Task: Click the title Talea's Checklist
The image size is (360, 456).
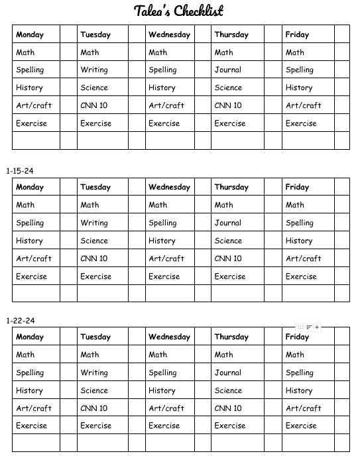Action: [179, 11]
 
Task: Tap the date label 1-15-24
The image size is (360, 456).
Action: [20, 171]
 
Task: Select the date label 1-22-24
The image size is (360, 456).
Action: [20, 321]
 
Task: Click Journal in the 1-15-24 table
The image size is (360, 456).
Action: [227, 223]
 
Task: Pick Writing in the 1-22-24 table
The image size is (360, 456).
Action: [94, 372]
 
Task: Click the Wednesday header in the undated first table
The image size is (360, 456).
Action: [169, 34]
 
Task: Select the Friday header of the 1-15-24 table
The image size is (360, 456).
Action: [297, 187]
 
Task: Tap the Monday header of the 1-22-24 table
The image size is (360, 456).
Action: [30, 337]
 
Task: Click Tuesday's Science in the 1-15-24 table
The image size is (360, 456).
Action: [94, 241]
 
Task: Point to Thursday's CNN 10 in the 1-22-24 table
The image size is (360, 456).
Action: [228, 408]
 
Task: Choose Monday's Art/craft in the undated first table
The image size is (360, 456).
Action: [34, 105]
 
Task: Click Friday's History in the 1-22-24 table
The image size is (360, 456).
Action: [299, 390]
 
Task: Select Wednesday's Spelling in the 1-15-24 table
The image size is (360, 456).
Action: [162, 223]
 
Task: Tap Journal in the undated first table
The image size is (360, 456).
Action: [227, 70]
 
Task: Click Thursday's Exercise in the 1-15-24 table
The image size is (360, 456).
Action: [230, 276]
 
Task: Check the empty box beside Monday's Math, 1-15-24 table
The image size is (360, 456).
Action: [68, 205]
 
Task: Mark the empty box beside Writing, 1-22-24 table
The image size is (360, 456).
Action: [136, 372]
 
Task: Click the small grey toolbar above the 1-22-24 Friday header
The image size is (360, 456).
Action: [309, 327]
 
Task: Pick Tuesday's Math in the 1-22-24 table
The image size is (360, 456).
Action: [90, 355]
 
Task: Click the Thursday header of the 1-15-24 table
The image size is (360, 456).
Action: [231, 187]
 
